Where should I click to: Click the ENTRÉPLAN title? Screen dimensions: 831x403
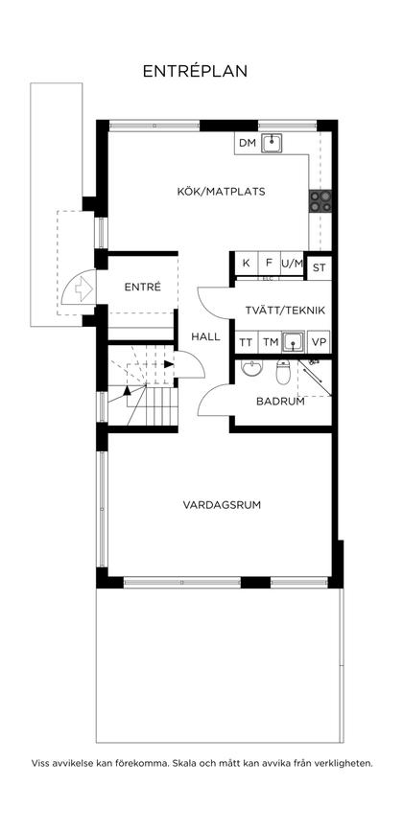(195, 71)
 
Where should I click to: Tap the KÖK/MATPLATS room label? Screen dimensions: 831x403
(221, 191)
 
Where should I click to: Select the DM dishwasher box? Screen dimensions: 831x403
(248, 144)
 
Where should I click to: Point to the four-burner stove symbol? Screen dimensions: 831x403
(320, 200)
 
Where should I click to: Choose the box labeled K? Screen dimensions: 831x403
(246, 264)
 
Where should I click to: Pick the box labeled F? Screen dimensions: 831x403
(269, 264)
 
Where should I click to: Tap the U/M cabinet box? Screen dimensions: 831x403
(292, 264)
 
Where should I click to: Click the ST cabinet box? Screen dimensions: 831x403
(320, 267)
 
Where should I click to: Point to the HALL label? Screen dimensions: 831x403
(205, 337)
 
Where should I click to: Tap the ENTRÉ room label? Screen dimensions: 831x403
(142, 288)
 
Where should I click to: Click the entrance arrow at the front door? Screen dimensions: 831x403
(83, 286)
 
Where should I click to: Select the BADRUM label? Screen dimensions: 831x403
(279, 402)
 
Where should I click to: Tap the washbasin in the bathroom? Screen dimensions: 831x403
(250, 369)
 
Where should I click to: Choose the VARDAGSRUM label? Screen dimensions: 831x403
(222, 504)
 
